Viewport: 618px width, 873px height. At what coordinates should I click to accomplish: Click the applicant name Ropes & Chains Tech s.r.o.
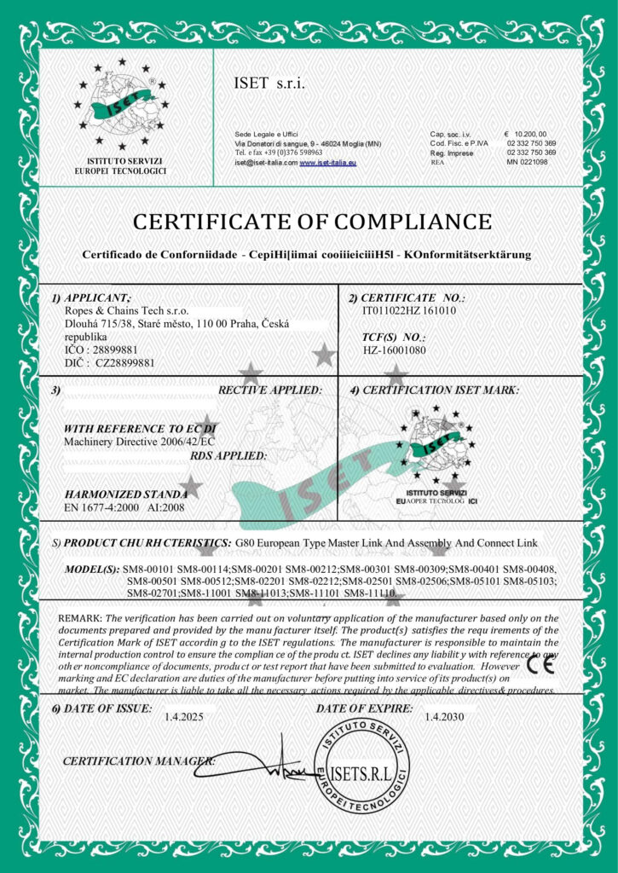pos(132,312)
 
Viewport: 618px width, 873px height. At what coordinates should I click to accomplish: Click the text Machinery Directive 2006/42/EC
pos(135,442)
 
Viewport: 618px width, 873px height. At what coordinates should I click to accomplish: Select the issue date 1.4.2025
pos(184,718)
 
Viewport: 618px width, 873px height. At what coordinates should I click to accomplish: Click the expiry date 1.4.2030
pos(444,718)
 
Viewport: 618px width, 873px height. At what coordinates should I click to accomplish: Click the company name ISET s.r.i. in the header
pos(269,84)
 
